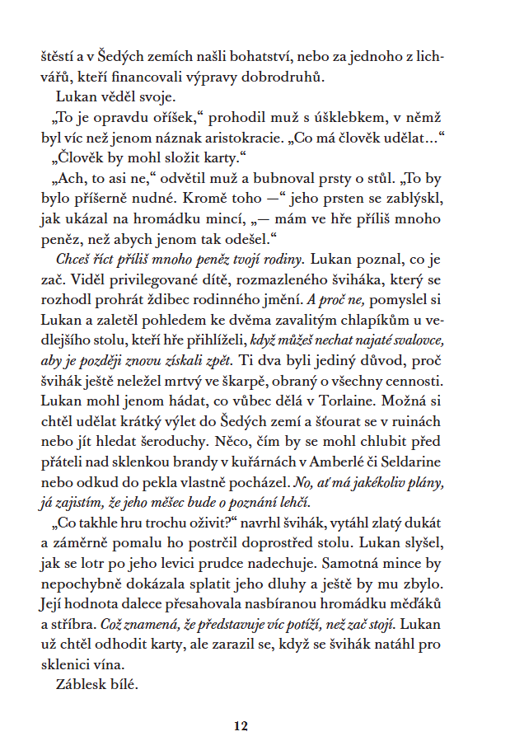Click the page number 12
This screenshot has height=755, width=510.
(x=240, y=726)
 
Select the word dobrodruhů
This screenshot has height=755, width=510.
(x=288, y=78)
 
